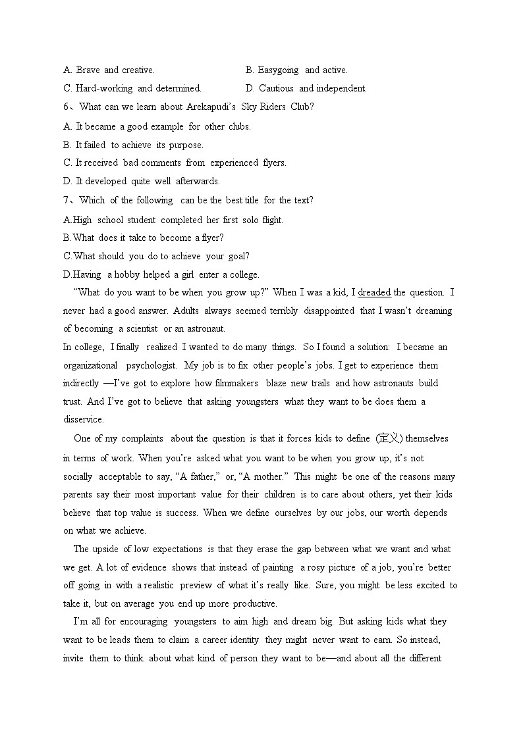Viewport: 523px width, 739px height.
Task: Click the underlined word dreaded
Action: (374, 292)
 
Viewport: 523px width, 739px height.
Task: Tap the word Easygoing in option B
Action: (278, 70)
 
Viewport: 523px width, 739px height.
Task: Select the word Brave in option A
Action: (88, 70)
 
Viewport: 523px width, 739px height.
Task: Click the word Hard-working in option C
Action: (104, 88)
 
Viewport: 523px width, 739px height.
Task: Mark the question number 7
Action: (66, 200)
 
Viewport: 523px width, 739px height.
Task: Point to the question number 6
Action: (66, 107)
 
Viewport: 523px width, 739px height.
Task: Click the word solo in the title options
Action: (250, 220)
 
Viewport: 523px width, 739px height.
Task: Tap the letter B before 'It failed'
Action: (67, 145)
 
